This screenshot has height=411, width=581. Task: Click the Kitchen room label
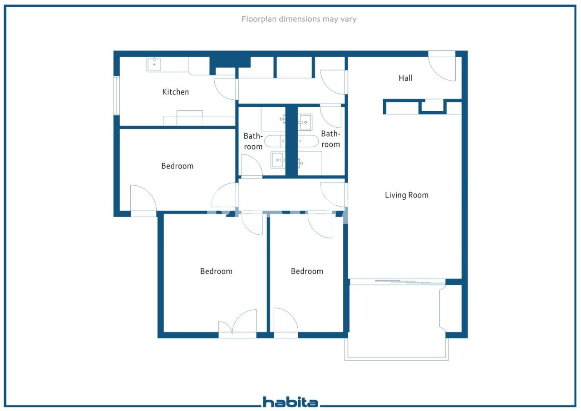175,92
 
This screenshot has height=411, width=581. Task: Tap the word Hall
405,78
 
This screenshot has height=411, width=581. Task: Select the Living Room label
406,195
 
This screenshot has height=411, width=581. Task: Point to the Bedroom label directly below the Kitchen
177,166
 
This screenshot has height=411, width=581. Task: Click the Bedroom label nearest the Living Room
307,271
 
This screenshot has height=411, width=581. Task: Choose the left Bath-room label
253,141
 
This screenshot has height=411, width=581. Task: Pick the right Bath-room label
330,139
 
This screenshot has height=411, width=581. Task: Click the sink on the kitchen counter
154,64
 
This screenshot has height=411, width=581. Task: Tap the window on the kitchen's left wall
116,95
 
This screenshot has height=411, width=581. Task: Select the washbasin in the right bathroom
305,122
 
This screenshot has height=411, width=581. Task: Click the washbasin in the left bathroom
277,160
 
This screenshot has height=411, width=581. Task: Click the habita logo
290,402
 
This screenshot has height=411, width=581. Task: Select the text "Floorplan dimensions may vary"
299,19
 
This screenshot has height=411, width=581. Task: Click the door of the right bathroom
331,116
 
